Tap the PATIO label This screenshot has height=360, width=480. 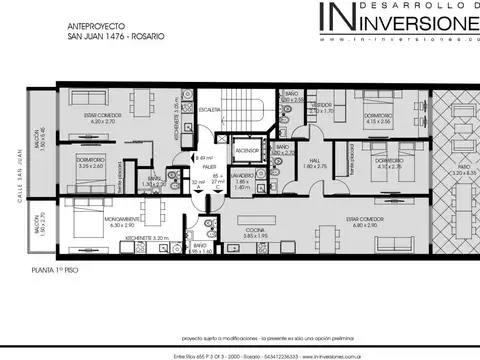click(x=461, y=168)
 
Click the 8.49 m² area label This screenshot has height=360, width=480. click(x=204, y=158)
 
